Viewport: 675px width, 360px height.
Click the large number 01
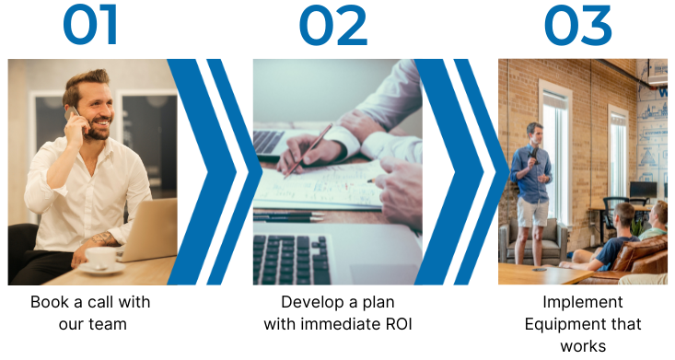pyautogui.click(x=90, y=24)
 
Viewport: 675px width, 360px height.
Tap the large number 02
pyautogui.click(x=333, y=25)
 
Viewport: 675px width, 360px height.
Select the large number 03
pyautogui.click(x=577, y=25)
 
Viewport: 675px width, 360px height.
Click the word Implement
pyautogui.click(x=582, y=302)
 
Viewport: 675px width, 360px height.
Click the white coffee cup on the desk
pyautogui.click(x=100, y=259)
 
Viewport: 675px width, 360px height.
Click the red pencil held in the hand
pyautogui.click(x=308, y=151)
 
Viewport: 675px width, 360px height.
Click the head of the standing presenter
pyautogui.click(x=534, y=134)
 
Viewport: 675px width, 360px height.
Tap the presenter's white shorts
pyautogui.click(x=533, y=213)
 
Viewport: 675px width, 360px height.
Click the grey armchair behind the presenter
pyautogui.click(x=533, y=241)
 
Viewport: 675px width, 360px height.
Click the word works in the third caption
pyautogui.click(x=583, y=346)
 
